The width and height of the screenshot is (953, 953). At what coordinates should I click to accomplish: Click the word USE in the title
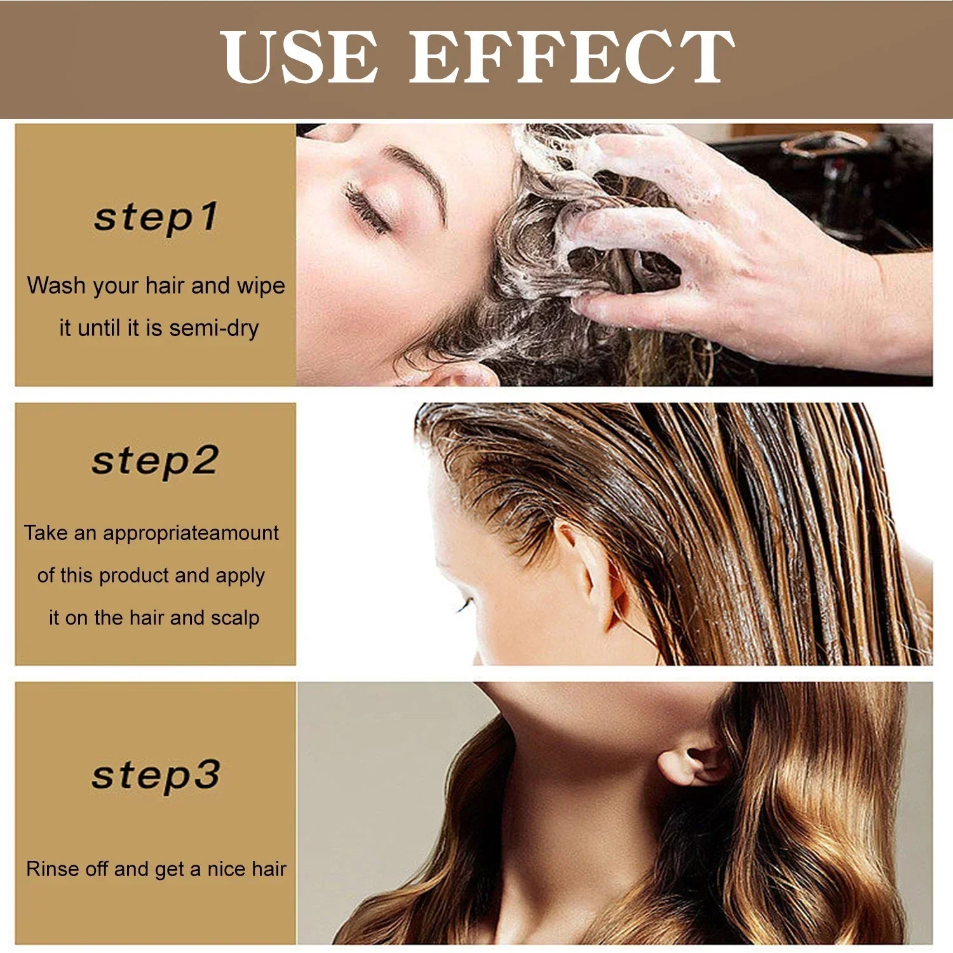tap(299, 57)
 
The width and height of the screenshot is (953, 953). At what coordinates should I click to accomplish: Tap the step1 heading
tap(156, 217)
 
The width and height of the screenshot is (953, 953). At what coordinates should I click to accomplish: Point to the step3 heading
tap(156, 774)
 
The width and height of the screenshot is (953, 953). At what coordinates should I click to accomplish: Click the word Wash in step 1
tap(56, 286)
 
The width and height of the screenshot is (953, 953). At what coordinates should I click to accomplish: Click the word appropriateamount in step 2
tap(191, 533)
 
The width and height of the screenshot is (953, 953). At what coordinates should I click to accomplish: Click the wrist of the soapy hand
tap(883, 305)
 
